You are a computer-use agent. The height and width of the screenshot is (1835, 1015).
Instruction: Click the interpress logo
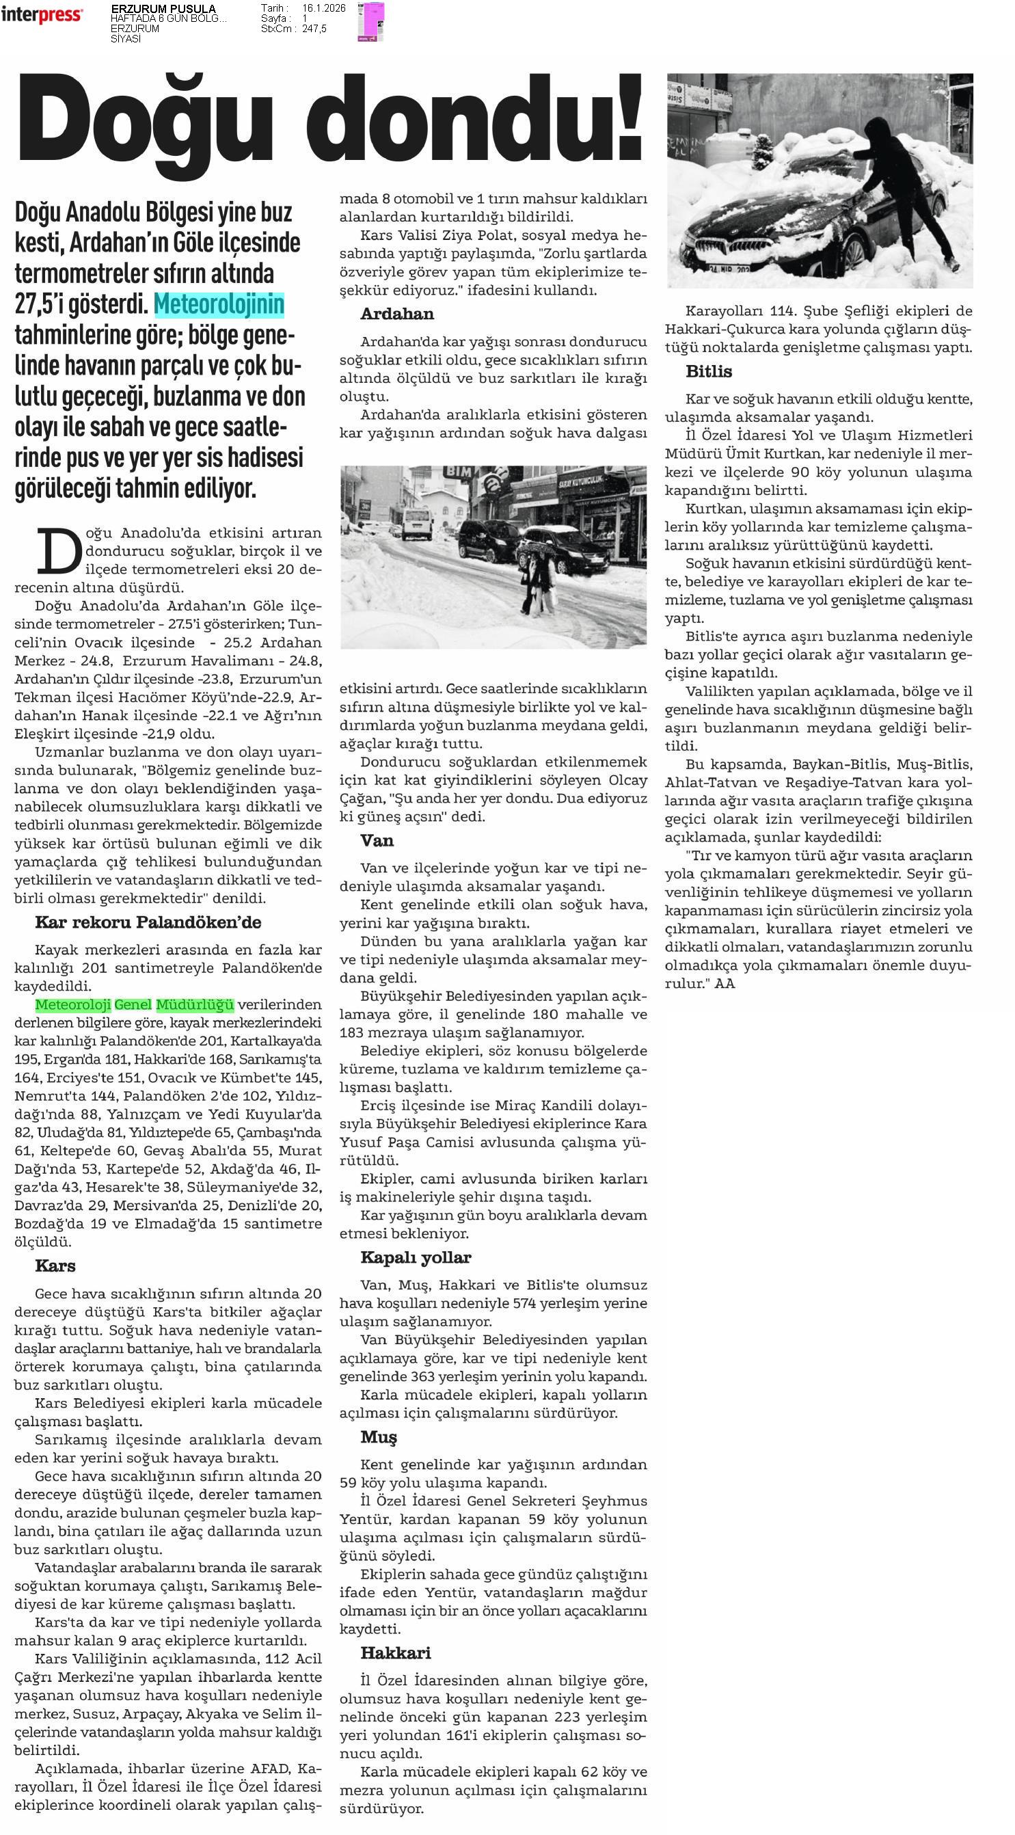click(41, 14)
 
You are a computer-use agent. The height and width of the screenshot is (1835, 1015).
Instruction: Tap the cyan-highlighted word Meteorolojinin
click(219, 305)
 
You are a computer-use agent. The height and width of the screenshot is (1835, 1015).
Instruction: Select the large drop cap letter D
click(60, 550)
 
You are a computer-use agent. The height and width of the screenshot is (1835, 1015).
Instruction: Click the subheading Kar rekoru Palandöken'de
click(148, 922)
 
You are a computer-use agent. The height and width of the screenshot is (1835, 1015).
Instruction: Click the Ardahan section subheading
click(396, 314)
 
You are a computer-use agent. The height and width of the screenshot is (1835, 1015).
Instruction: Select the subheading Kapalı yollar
click(416, 1257)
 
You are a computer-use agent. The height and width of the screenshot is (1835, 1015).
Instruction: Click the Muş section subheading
click(378, 1437)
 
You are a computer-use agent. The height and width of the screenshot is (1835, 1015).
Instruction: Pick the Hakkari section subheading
click(395, 1652)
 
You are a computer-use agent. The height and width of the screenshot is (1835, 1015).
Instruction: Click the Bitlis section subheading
click(709, 371)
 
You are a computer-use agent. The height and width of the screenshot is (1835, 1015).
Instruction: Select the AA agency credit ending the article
click(725, 984)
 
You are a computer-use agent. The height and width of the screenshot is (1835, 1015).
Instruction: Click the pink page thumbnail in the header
click(370, 21)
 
